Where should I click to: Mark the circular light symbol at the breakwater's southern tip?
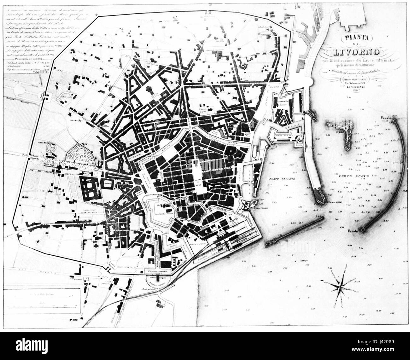click(363, 230)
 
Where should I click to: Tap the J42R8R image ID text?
click(390, 351)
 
